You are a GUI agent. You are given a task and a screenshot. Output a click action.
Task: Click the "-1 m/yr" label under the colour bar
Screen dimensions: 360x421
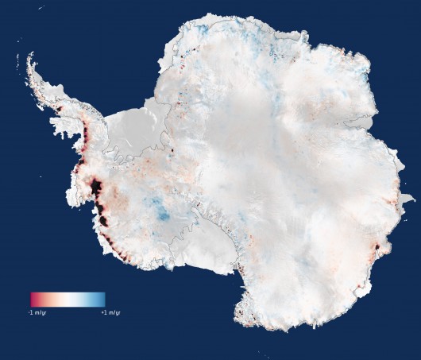pyautogui.click(x=41, y=312)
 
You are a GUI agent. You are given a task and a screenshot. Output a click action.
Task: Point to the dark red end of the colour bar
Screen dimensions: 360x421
pyautogui.click(x=34, y=299)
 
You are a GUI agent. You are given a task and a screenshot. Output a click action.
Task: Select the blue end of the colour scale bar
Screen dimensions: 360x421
pyautogui.click(x=102, y=299)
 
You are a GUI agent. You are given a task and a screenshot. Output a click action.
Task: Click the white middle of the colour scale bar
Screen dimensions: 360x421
pyautogui.click(x=68, y=299)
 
